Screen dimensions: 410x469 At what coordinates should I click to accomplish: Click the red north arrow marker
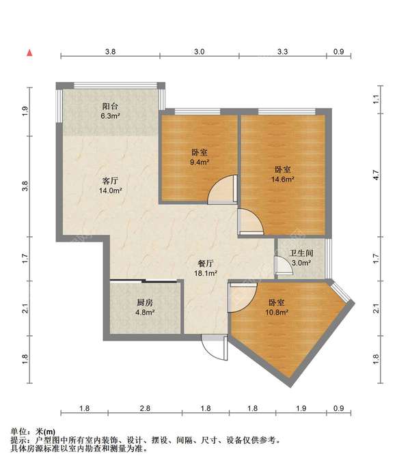click(x=29, y=53)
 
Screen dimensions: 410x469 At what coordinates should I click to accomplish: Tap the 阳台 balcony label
click(x=110, y=106)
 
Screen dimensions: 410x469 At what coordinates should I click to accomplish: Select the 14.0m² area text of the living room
click(x=111, y=190)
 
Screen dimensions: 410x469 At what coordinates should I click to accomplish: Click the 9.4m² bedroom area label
click(x=200, y=162)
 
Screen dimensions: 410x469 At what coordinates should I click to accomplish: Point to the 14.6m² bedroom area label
click(x=283, y=180)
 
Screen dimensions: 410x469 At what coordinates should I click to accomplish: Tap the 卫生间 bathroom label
click(x=301, y=253)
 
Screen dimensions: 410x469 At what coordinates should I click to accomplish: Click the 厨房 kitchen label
click(x=145, y=302)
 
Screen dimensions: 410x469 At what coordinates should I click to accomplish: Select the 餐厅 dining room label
click(x=206, y=264)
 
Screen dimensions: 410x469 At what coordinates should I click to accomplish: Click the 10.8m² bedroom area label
click(x=277, y=313)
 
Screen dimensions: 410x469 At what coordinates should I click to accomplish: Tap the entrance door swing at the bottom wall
click(x=215, y=347)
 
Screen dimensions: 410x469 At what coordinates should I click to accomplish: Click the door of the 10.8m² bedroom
click(x=243, y=298)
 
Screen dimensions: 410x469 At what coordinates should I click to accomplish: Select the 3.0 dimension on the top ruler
click(x=199, y=52)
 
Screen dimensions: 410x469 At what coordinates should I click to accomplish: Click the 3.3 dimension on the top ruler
click(x=282, y=52)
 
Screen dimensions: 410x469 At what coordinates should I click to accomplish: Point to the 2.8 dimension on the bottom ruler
click(x=145, y=408)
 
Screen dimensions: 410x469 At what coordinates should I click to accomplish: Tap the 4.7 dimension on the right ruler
click(x=376, y=175)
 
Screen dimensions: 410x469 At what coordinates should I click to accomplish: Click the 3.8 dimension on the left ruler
click(x=25, y=186)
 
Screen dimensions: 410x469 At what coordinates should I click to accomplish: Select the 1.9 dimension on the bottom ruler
click(x=301, y=408)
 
